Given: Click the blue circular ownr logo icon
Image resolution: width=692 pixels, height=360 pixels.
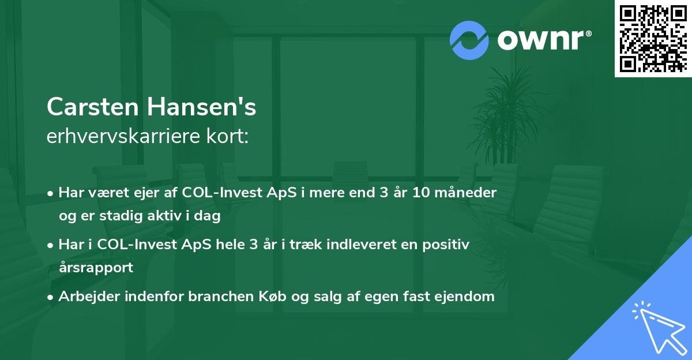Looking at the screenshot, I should coord(469,40).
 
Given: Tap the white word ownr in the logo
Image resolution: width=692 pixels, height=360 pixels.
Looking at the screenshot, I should coord(541,40).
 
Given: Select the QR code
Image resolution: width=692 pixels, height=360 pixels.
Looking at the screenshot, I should coord(653,38).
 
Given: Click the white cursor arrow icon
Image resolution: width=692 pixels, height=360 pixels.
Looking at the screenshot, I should coord(657,326).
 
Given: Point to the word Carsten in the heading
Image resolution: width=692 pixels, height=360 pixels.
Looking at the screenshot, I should coord(93,107).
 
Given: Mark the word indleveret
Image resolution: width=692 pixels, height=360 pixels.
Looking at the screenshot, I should coord(359,245).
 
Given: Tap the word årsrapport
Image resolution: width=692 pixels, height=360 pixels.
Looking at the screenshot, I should coord(96,268).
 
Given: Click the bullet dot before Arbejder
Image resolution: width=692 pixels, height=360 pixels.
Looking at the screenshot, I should coord(51,297).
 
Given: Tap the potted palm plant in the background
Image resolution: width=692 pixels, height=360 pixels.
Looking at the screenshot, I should coord(507,121).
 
